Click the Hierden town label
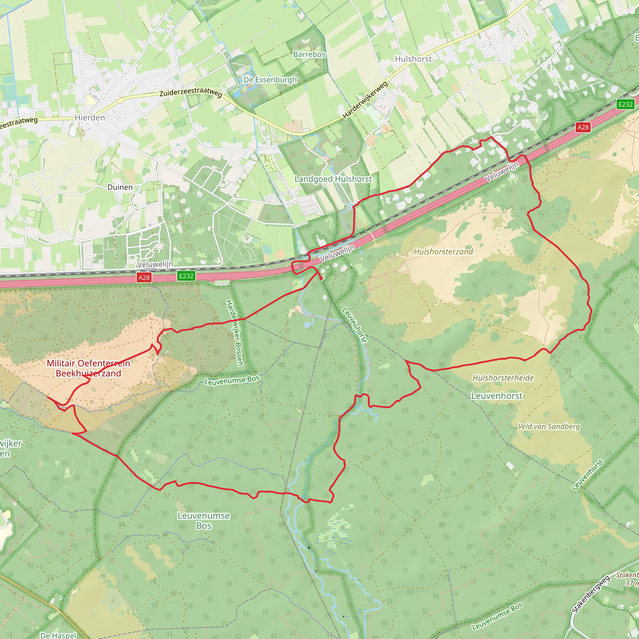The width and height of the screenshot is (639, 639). pos(90,118)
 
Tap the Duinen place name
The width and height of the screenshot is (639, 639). pos(120,187)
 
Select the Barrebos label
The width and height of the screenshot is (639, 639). pos(309,54)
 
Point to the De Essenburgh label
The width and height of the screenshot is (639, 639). pos(270,80)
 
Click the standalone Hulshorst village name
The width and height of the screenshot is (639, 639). pos(413,59)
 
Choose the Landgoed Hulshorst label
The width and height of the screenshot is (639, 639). pos(333,179)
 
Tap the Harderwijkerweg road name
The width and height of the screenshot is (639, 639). pos(365,100)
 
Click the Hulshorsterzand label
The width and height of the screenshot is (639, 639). pos(443,252)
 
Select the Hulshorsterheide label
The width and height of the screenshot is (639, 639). pos(503,378)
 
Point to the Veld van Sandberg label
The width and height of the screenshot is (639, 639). pos(549,426)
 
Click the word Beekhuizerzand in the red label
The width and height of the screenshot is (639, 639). pos(88,373)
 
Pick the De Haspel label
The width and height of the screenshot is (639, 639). pos(58,635)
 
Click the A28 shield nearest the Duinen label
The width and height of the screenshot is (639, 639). pos(144,277)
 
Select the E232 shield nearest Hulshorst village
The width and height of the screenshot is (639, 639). pos(626,105)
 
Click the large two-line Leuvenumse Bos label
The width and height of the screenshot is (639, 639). pos(204,521)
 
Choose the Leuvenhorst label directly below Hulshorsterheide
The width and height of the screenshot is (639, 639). pos(497,396)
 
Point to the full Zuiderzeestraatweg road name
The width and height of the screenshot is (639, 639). pos(191,91)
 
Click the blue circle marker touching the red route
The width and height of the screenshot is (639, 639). pos(351,206)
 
